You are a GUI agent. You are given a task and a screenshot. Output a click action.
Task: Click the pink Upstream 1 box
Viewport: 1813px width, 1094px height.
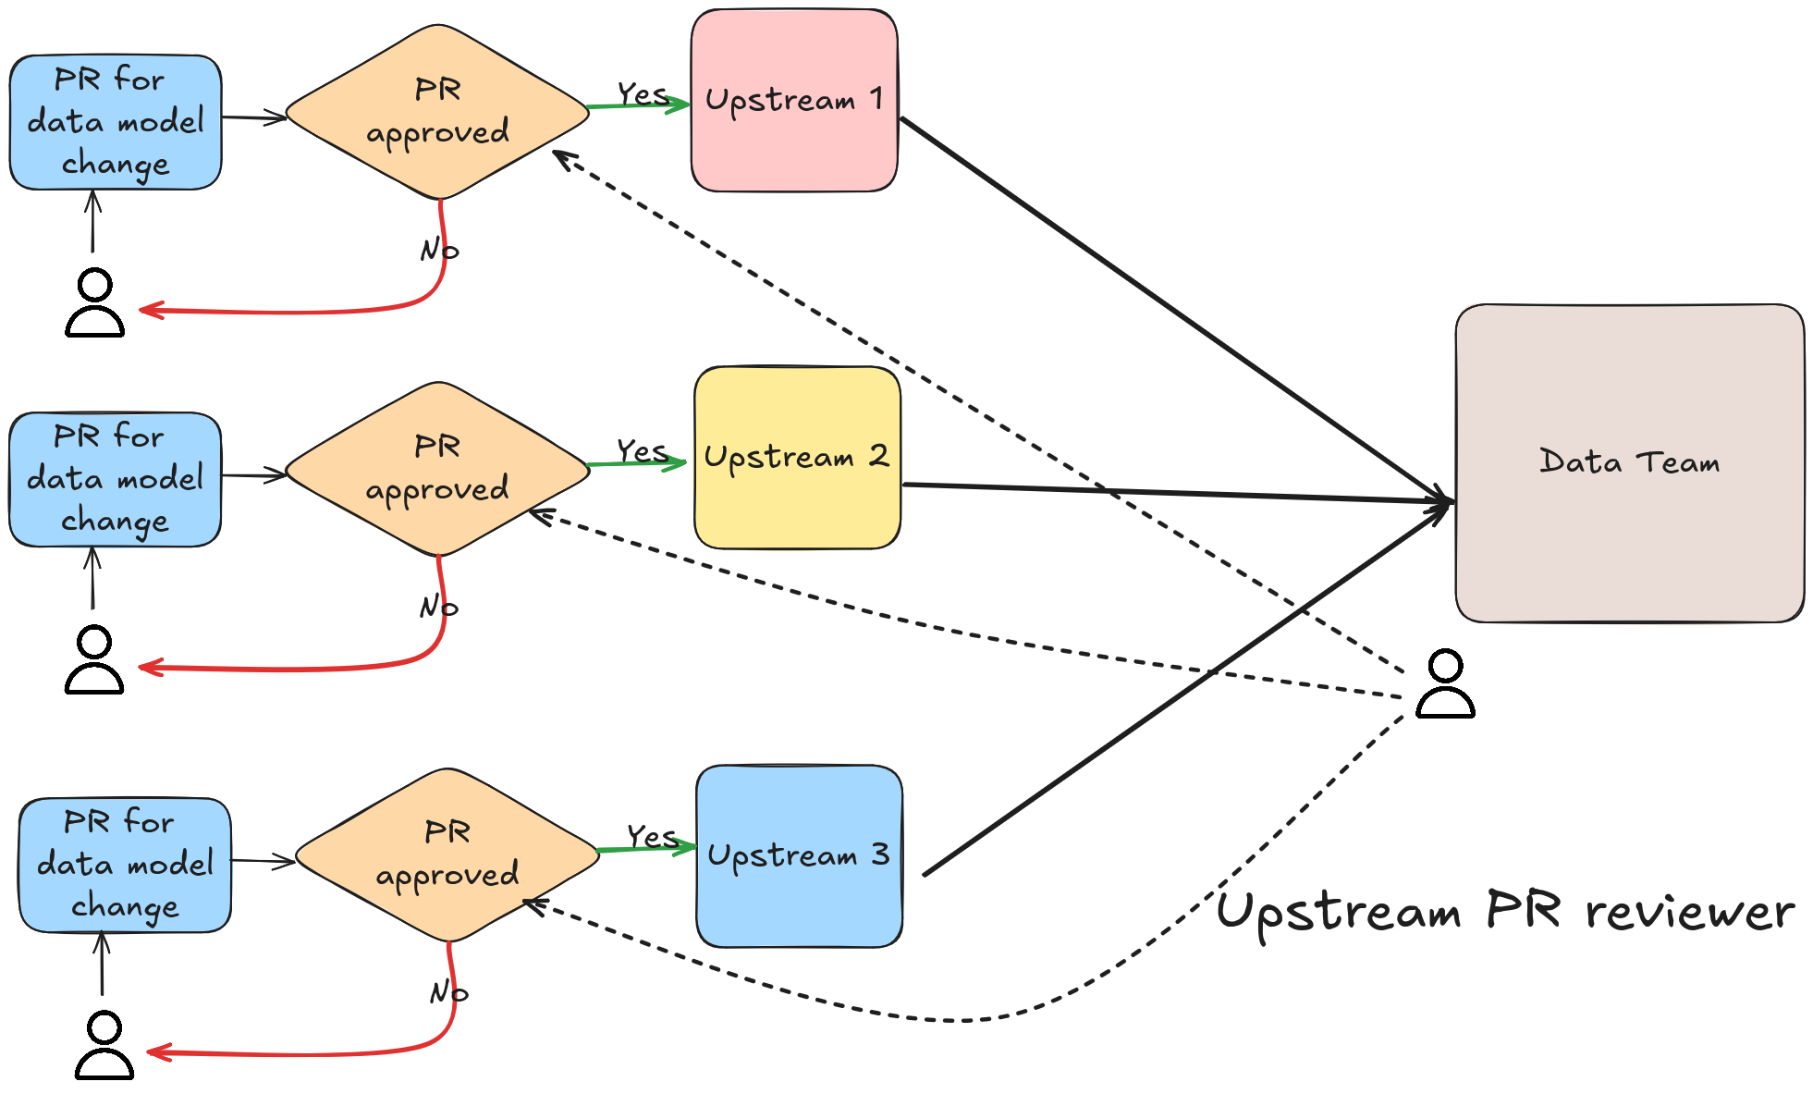coord(793,100)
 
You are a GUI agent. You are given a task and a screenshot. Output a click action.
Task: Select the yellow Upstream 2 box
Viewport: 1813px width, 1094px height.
coord(796,457)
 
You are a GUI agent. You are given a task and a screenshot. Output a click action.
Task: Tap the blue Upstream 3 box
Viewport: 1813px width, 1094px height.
coord(799,855)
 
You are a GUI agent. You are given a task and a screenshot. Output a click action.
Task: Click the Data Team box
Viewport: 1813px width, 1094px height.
coord(1629,462)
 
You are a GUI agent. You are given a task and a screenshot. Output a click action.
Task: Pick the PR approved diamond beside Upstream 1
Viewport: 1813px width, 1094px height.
coord(437,112)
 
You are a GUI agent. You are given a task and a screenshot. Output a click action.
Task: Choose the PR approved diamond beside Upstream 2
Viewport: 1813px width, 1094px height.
coord(437,469)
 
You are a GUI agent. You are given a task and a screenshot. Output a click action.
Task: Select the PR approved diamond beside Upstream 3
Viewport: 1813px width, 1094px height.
coord(447,854)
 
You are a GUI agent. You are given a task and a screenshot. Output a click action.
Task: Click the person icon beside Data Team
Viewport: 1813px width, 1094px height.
coord(1445,684)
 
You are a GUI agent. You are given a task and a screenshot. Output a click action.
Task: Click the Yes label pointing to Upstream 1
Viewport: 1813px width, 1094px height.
coord(642,93)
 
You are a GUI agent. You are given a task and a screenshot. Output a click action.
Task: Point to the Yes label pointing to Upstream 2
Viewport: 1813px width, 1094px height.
coord(642,450)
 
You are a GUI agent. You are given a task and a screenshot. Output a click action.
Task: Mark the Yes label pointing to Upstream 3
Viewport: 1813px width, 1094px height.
coord(652,836)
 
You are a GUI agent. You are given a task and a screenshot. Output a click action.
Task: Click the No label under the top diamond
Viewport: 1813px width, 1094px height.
coord(439,249)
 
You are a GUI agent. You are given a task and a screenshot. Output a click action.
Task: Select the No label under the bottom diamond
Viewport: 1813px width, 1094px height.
coord(448,991)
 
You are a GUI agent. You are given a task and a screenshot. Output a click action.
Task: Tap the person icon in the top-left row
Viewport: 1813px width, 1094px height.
coord(94,303)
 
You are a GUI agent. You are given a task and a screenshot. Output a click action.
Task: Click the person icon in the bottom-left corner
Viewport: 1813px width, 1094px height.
coord(104,1045)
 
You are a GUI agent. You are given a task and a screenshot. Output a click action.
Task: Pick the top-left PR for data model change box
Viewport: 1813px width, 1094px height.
coord(116,122)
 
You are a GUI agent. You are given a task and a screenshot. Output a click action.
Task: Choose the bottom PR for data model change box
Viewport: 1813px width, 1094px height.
coord(125,865)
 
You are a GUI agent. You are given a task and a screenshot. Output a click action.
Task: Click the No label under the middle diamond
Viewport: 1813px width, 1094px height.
coord(438,606)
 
